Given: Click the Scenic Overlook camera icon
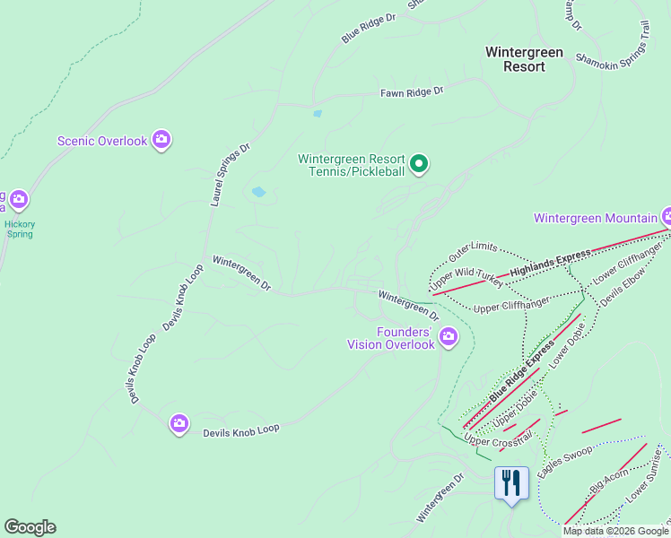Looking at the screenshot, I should coord(161,139).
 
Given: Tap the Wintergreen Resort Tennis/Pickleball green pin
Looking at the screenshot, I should coord(418,164).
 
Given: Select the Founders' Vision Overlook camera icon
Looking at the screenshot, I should coord(448,337).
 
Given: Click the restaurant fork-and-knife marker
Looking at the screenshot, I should coord(511,483).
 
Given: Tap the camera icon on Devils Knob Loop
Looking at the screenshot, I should coord(179,423).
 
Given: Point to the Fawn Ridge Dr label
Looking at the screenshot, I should coord(412,91).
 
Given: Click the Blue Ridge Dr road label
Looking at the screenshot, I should coord(368,28).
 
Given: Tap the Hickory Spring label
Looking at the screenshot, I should coord(18,229).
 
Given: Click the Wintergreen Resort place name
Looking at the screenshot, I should coord(524,59).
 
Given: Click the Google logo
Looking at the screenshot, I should coord(30,527).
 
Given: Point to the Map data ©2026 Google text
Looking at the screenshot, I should coord(615,531).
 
